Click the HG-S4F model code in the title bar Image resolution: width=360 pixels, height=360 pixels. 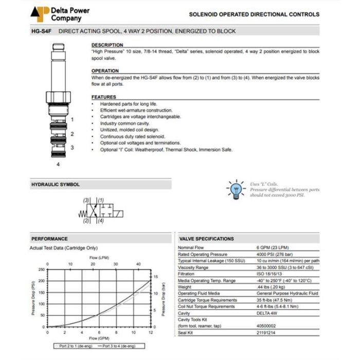(42, 31)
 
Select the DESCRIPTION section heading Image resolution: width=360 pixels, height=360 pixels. (107, 45)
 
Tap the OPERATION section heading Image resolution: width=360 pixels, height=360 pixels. (105, 71)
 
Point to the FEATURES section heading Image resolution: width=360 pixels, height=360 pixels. (103, 97)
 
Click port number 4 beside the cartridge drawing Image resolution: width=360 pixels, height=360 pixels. (58, 165)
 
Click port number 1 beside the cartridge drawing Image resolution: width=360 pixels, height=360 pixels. (72, 119)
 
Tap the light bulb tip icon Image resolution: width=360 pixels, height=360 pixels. (236, 189)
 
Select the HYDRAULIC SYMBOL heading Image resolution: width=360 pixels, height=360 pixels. (56, 184)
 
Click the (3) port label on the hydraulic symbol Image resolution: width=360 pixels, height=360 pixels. (86, 200)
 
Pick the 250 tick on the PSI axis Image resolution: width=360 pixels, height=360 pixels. (42, 269)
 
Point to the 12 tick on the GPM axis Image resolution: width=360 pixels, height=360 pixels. (150, 332)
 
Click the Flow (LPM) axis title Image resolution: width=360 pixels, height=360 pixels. (99, 257)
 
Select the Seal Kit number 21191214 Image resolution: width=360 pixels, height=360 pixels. (266, 333)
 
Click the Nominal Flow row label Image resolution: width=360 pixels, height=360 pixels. (191, 247)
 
